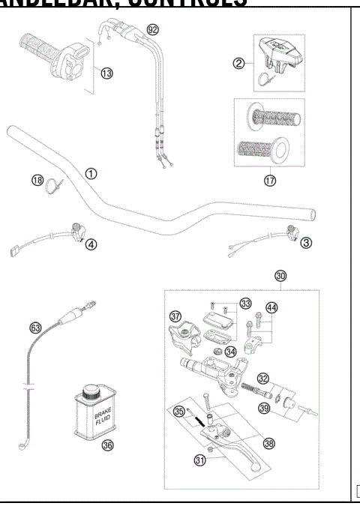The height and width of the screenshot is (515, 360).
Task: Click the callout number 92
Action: pyautogui.click(x=154, y=30)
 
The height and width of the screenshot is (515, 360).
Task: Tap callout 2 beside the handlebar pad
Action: pyautogui.click(x=240, y=64)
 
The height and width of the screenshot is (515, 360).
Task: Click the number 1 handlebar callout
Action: pyautogui.click(x=91, y=173)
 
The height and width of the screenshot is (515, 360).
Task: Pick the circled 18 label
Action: pyautogui.click(x=37, y=180)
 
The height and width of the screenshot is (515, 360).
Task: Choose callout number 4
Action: pyautogui.click(x=91, y=244)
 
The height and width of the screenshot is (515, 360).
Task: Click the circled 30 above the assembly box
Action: pyautogui.click(x=280, y=276)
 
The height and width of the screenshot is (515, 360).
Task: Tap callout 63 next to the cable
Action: pyautogui.click(x=35, y=328)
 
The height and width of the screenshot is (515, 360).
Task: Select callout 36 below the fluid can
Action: pyautogui.click(x=108, y=445)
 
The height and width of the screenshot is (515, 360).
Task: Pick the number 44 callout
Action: pyautogui.click(x=271, y=308)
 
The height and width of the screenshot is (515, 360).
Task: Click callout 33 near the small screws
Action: pyautogui.click(x=245, y=304)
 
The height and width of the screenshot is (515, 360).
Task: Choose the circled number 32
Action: pyautogui.click(x=262, y=378)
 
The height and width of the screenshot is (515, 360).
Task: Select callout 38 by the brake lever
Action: pyautogui.click(x=269, y=443)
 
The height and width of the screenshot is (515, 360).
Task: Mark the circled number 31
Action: pyautogui.click(x=200, y=461)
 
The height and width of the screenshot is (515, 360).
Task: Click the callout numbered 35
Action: pyautogui.click(x=178, y=411)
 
